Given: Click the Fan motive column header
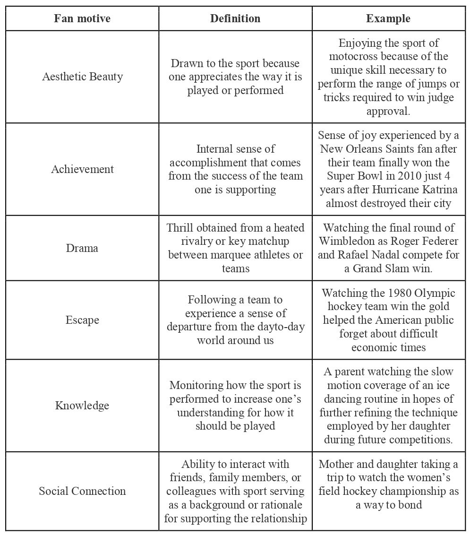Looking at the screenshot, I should click(x=82, y=19).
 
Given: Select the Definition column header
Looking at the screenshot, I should click(x=235, y=19).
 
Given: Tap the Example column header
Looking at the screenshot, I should click(x=388, y=19).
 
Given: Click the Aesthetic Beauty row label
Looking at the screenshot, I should click(x=82, y=77).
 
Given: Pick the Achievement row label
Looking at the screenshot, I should click(x=82, y=169).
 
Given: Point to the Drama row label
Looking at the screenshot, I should click(x=82, y=248).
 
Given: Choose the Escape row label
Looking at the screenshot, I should click(x=82, y=320).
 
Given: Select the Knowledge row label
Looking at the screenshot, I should click(x=82, y=406).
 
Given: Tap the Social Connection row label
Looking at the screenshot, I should click(x=82, y=491).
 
